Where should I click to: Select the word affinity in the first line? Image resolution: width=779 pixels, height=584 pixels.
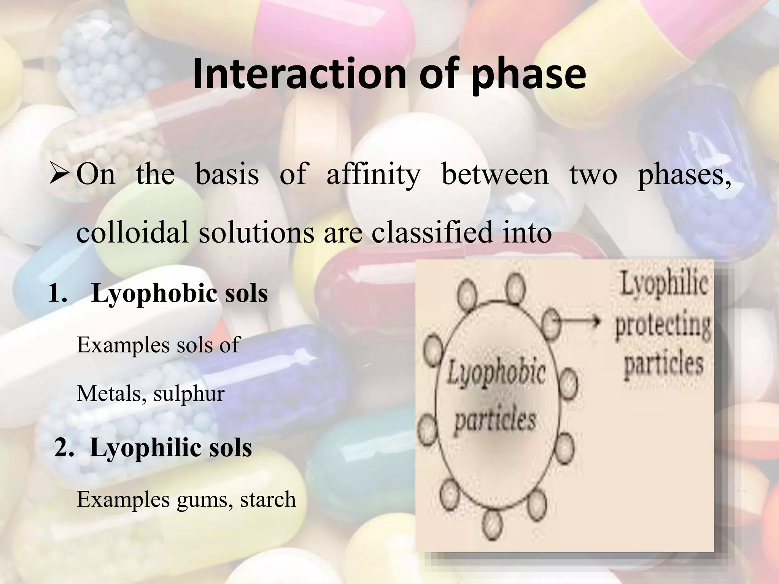coord(373,175)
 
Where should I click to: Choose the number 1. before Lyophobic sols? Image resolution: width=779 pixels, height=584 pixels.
coord(58,294)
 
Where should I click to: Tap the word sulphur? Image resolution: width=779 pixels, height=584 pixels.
coord(189,394)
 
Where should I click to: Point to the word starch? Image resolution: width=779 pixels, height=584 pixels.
coord(268,499)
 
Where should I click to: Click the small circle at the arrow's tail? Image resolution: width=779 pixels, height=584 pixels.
coord(551,322)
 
